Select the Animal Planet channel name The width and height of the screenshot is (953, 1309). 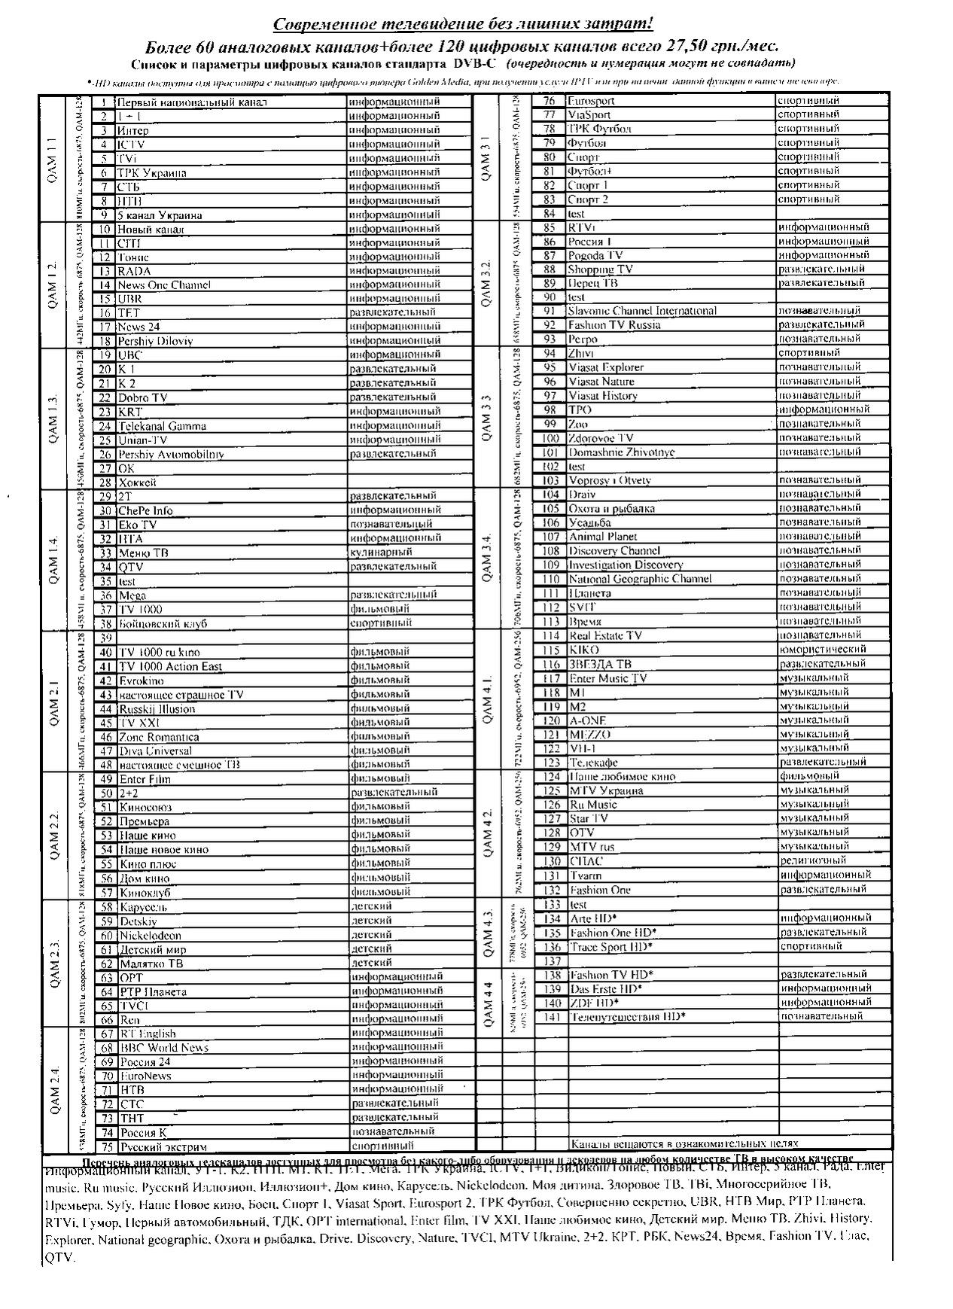pyautogui.click(x=602, y=537)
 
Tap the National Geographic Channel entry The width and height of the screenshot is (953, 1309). pyautogui.click(x=629, y=579)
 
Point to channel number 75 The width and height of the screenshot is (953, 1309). pyautogui.click(x=106, y=1146)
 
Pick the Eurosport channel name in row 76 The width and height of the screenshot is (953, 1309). pyautogui.click(x=591, y=100)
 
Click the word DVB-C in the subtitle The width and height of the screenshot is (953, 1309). pyautogui.click(x=473, y=62)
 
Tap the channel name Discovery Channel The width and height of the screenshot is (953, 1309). pyautogui.click(x=614, y=551)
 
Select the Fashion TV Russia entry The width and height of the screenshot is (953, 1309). pyautogui.click(x=614, y=325)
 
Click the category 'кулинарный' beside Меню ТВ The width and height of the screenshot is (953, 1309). pyautogui.click(x=375, y=553)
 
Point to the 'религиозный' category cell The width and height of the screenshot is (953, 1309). pyautogui.click(x=813, y=860)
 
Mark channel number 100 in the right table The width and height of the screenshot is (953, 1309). pyautogui.click(x=550, y=438)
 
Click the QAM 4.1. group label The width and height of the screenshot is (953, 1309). pyautogui.click(x=486, y=700)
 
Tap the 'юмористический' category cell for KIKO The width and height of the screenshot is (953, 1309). pyautogui.click(x=822, y=649)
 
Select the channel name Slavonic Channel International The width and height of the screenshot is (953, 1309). pyautogui.click(x=642, y=311)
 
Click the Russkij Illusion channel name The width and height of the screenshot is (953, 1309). pyautogui.click(x=157, y=708)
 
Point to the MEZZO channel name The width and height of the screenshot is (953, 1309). pyautogui.click(x=589, y=734)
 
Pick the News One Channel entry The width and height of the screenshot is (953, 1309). pyautogui.click(x=163, y=285)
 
